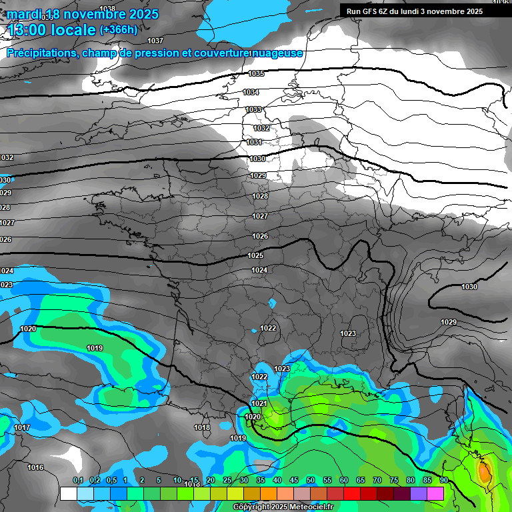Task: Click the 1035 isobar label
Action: [256, 73]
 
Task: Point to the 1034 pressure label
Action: [251, 92]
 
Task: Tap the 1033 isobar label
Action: [253, 109]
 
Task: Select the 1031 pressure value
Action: [254, 142]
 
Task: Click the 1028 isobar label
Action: [259, 196]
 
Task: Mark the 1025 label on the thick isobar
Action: [255, 256]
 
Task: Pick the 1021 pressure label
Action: [259, 403]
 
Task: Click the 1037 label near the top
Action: [155, 41]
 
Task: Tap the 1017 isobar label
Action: [22, 427]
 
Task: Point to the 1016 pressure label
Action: [35, 467]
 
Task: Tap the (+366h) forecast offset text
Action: [119, 29]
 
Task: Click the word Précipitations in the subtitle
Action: [42, 53]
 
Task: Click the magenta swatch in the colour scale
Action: [435, 494]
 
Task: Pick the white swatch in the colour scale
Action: [68, 494]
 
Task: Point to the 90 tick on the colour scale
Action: [443, 481]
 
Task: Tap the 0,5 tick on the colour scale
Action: [111, 481]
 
